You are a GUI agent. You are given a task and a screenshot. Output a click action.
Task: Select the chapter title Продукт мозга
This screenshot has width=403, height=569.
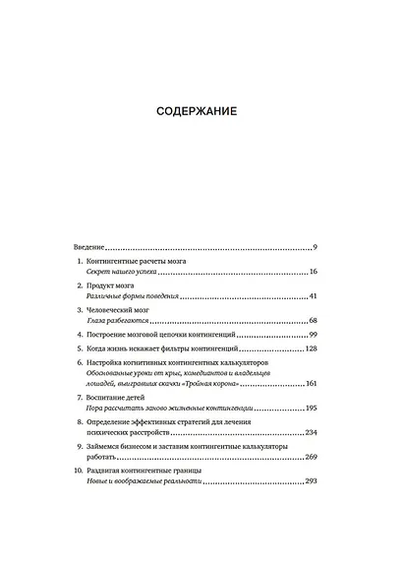pyautogui.click(x=116, y=284)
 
